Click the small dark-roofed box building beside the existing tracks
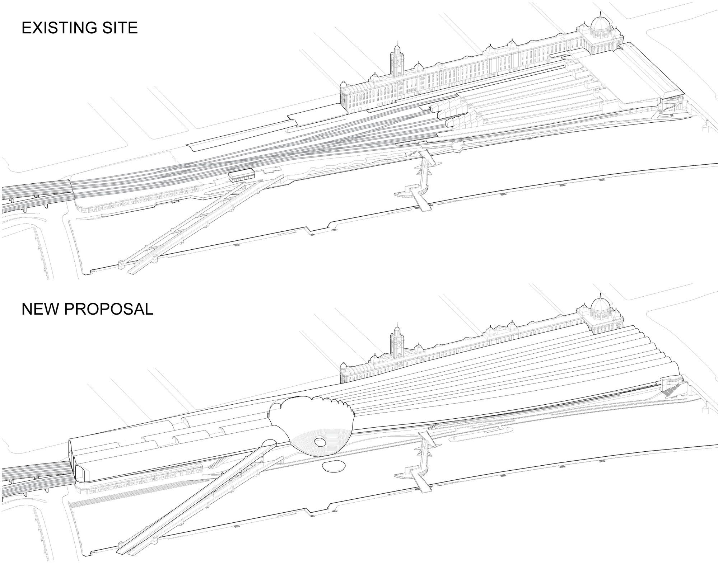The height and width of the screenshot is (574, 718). (242, 174)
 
